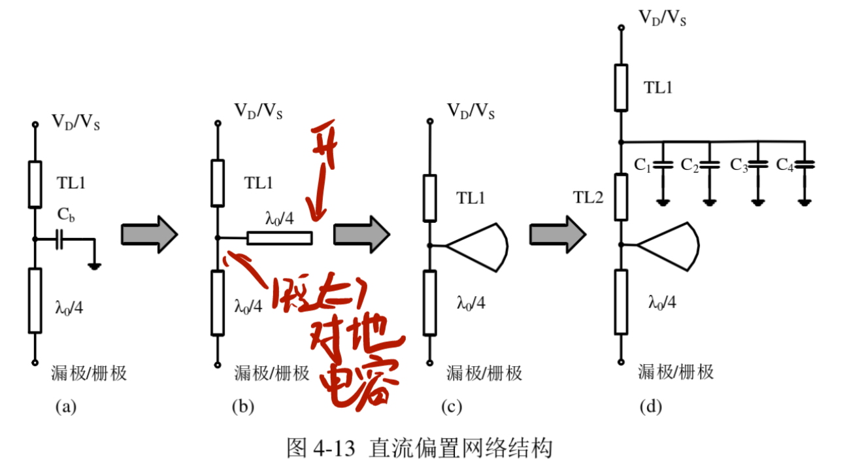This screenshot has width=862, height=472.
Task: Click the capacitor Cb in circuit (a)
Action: (x=59, y=240)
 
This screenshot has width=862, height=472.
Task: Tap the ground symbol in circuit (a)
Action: (x=95, y=265)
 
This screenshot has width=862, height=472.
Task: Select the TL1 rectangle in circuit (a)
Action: (x=35, y=184)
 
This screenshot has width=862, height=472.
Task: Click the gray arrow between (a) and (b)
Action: (x=150, y=233)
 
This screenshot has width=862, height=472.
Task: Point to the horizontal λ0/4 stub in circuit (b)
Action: (x=279, y=238)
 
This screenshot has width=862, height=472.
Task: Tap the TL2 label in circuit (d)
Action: (x=588, y=197)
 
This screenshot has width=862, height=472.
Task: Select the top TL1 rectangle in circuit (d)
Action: (x=622, y=87)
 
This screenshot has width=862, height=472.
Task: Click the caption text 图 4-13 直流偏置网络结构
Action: (x=420, y=448)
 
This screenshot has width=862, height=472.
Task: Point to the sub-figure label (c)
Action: (x=451, y=407)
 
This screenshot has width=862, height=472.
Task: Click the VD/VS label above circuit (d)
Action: (x=661, y=17)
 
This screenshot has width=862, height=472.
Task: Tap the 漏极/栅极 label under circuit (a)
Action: (x=88, y=373)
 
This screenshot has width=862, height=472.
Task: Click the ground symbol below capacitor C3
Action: (x=757, y=201)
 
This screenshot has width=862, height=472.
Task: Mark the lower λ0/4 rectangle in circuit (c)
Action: (x=429, y=303)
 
